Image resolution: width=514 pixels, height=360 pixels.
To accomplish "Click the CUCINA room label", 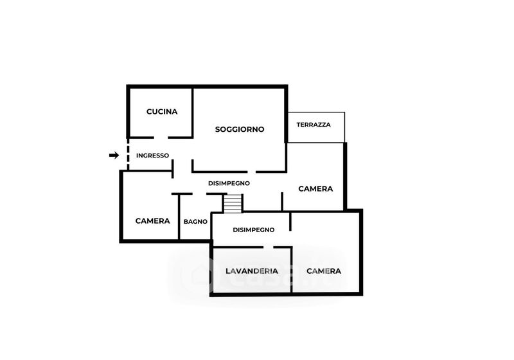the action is point(161,111).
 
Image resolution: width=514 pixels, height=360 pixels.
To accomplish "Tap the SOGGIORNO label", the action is point(240,129).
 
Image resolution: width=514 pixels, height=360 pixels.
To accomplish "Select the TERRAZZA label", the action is point(314,125).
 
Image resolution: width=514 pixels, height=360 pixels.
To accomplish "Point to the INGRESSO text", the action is point(152,155).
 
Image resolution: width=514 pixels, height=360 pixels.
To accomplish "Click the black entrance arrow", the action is point(114,155).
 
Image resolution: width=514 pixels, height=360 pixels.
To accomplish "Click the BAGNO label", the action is point(195,221).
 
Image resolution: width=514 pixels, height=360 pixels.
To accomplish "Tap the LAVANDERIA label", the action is point(252,271).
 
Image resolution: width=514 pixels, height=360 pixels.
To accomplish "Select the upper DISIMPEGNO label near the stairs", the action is point(229,183).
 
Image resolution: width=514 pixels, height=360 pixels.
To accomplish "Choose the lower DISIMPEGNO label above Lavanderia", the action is point(254,230).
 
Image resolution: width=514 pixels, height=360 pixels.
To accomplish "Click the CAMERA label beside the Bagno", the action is point(152,221).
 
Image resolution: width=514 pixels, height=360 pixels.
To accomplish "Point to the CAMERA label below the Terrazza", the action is point(316,188).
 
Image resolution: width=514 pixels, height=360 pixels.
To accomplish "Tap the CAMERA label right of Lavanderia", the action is point(323,271).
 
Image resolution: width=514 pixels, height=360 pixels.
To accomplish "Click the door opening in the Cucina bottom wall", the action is point(161,137).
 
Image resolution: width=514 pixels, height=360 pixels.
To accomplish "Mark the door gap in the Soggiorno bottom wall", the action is point(247,171).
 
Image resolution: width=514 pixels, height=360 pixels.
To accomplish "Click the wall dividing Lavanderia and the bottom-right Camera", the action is point(292,270).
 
